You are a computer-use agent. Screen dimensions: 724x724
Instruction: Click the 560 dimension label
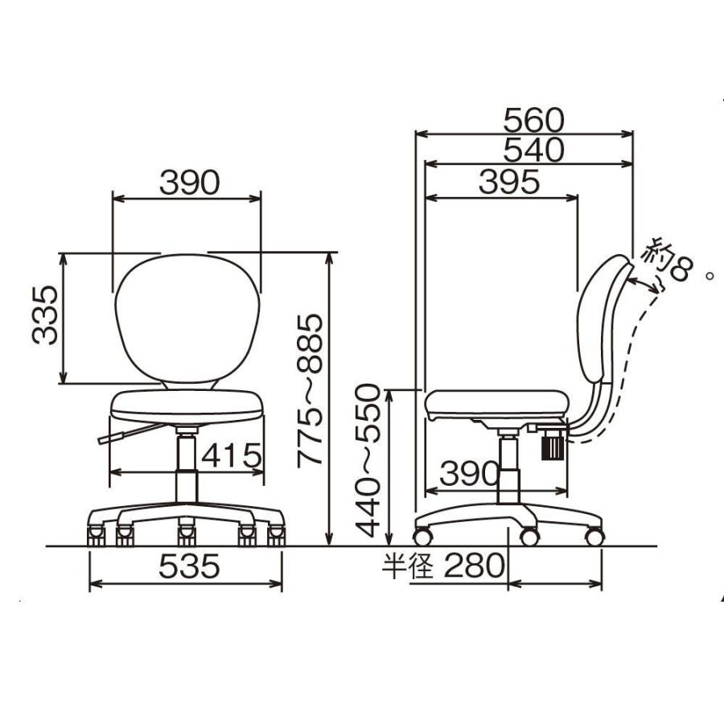[533, 121]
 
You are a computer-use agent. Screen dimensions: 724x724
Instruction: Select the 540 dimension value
[533, 150]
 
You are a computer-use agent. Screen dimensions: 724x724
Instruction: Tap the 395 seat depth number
[509, 182]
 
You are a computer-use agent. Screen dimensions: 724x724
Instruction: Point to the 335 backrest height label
[45, 315]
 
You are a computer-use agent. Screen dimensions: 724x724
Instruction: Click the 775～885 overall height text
[310, 391]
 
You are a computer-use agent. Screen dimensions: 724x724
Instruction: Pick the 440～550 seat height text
[368, 461]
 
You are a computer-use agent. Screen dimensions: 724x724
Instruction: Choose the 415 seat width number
[232, 456]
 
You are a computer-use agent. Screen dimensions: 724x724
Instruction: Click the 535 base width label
[189, 566]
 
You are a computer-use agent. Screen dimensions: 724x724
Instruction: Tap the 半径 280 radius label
[443, 566]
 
